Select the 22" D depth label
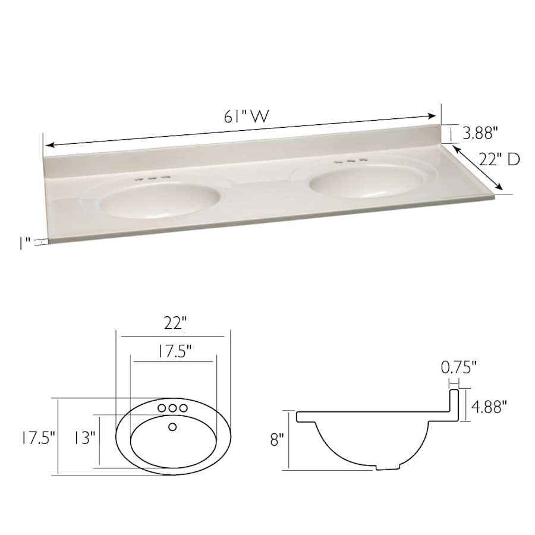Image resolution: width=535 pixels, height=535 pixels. [x=499, y=159]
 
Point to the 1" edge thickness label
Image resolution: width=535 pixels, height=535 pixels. [x=24, y=243]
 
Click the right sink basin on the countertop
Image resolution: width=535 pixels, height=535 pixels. [x=363, y=181]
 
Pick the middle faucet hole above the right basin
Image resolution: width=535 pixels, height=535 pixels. [x=351, y=160]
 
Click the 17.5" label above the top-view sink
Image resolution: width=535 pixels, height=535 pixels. [x=175, y=351]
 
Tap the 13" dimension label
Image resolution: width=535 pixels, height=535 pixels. [x=85, y=439]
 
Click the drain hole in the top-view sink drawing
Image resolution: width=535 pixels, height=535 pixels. [x=173, y=426]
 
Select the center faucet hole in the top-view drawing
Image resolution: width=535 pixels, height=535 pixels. [x=173, y=408]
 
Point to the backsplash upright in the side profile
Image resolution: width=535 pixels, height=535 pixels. [x=456, y=404]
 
